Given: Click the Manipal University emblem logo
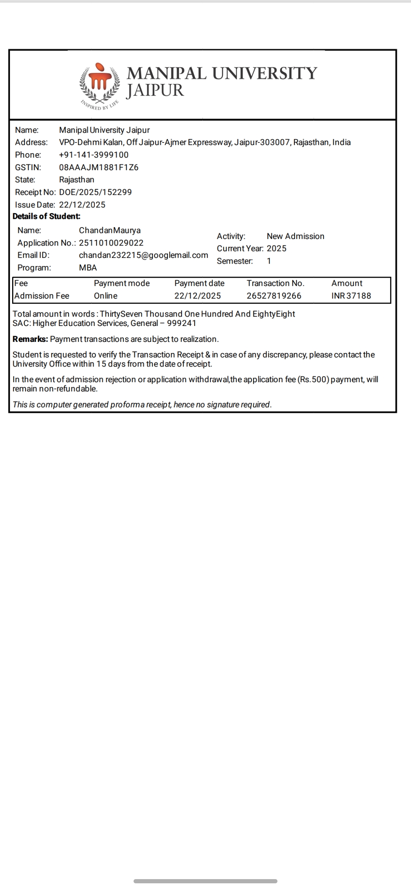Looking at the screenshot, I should click(x=100, y=84).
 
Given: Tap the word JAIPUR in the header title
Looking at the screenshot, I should click(x=155, y=90).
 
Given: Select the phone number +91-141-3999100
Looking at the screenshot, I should click(x=94, y=155).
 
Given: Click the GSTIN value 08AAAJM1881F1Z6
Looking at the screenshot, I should click(x=99, y=167).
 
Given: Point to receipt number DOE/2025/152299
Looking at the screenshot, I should click(x=95, y=192).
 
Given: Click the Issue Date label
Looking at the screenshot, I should click(x=35, y=205).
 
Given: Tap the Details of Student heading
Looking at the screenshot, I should click(x=46, y=216).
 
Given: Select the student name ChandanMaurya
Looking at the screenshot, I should click(x=110, y=230).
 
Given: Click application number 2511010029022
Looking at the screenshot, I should click(x=111, y=243).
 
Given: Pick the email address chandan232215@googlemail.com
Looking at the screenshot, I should click(x=143, y=255).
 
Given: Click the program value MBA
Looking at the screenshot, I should click(x=88, y=267).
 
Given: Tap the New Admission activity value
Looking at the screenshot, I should click(x=295, y=236).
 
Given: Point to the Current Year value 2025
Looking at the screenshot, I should click(x=276, y=248).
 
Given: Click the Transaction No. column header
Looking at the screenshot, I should click(x=275, y=283).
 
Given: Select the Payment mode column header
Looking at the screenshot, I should click(x=122, y=283).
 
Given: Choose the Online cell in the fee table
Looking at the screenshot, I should click(x=105, y=296).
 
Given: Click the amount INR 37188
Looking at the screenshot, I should click(x=351, y=296).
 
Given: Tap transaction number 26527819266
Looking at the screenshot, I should click(x=274, y=296).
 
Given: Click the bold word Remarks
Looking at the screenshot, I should click(x=30, y=339).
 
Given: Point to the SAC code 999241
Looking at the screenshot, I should click(x=182, y=323).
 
